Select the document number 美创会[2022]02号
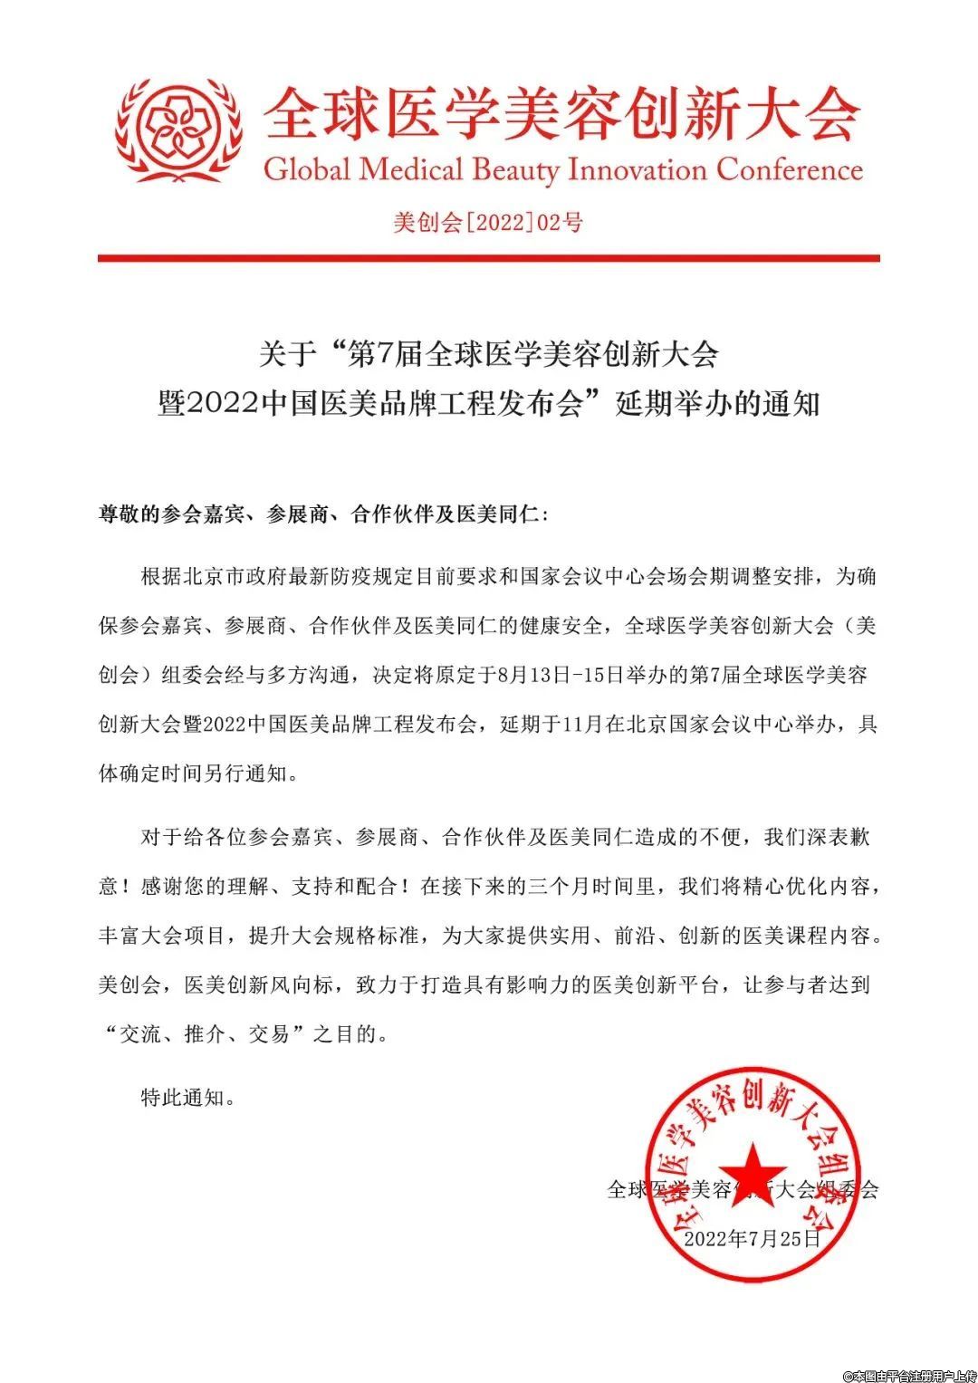pos(488,222)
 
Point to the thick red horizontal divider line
pos(488,258)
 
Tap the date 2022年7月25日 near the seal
pos(752,1238)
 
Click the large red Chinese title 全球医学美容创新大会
pos(561,115)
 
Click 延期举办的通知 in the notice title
pos(717,403)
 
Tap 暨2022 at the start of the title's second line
pos(208,403)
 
